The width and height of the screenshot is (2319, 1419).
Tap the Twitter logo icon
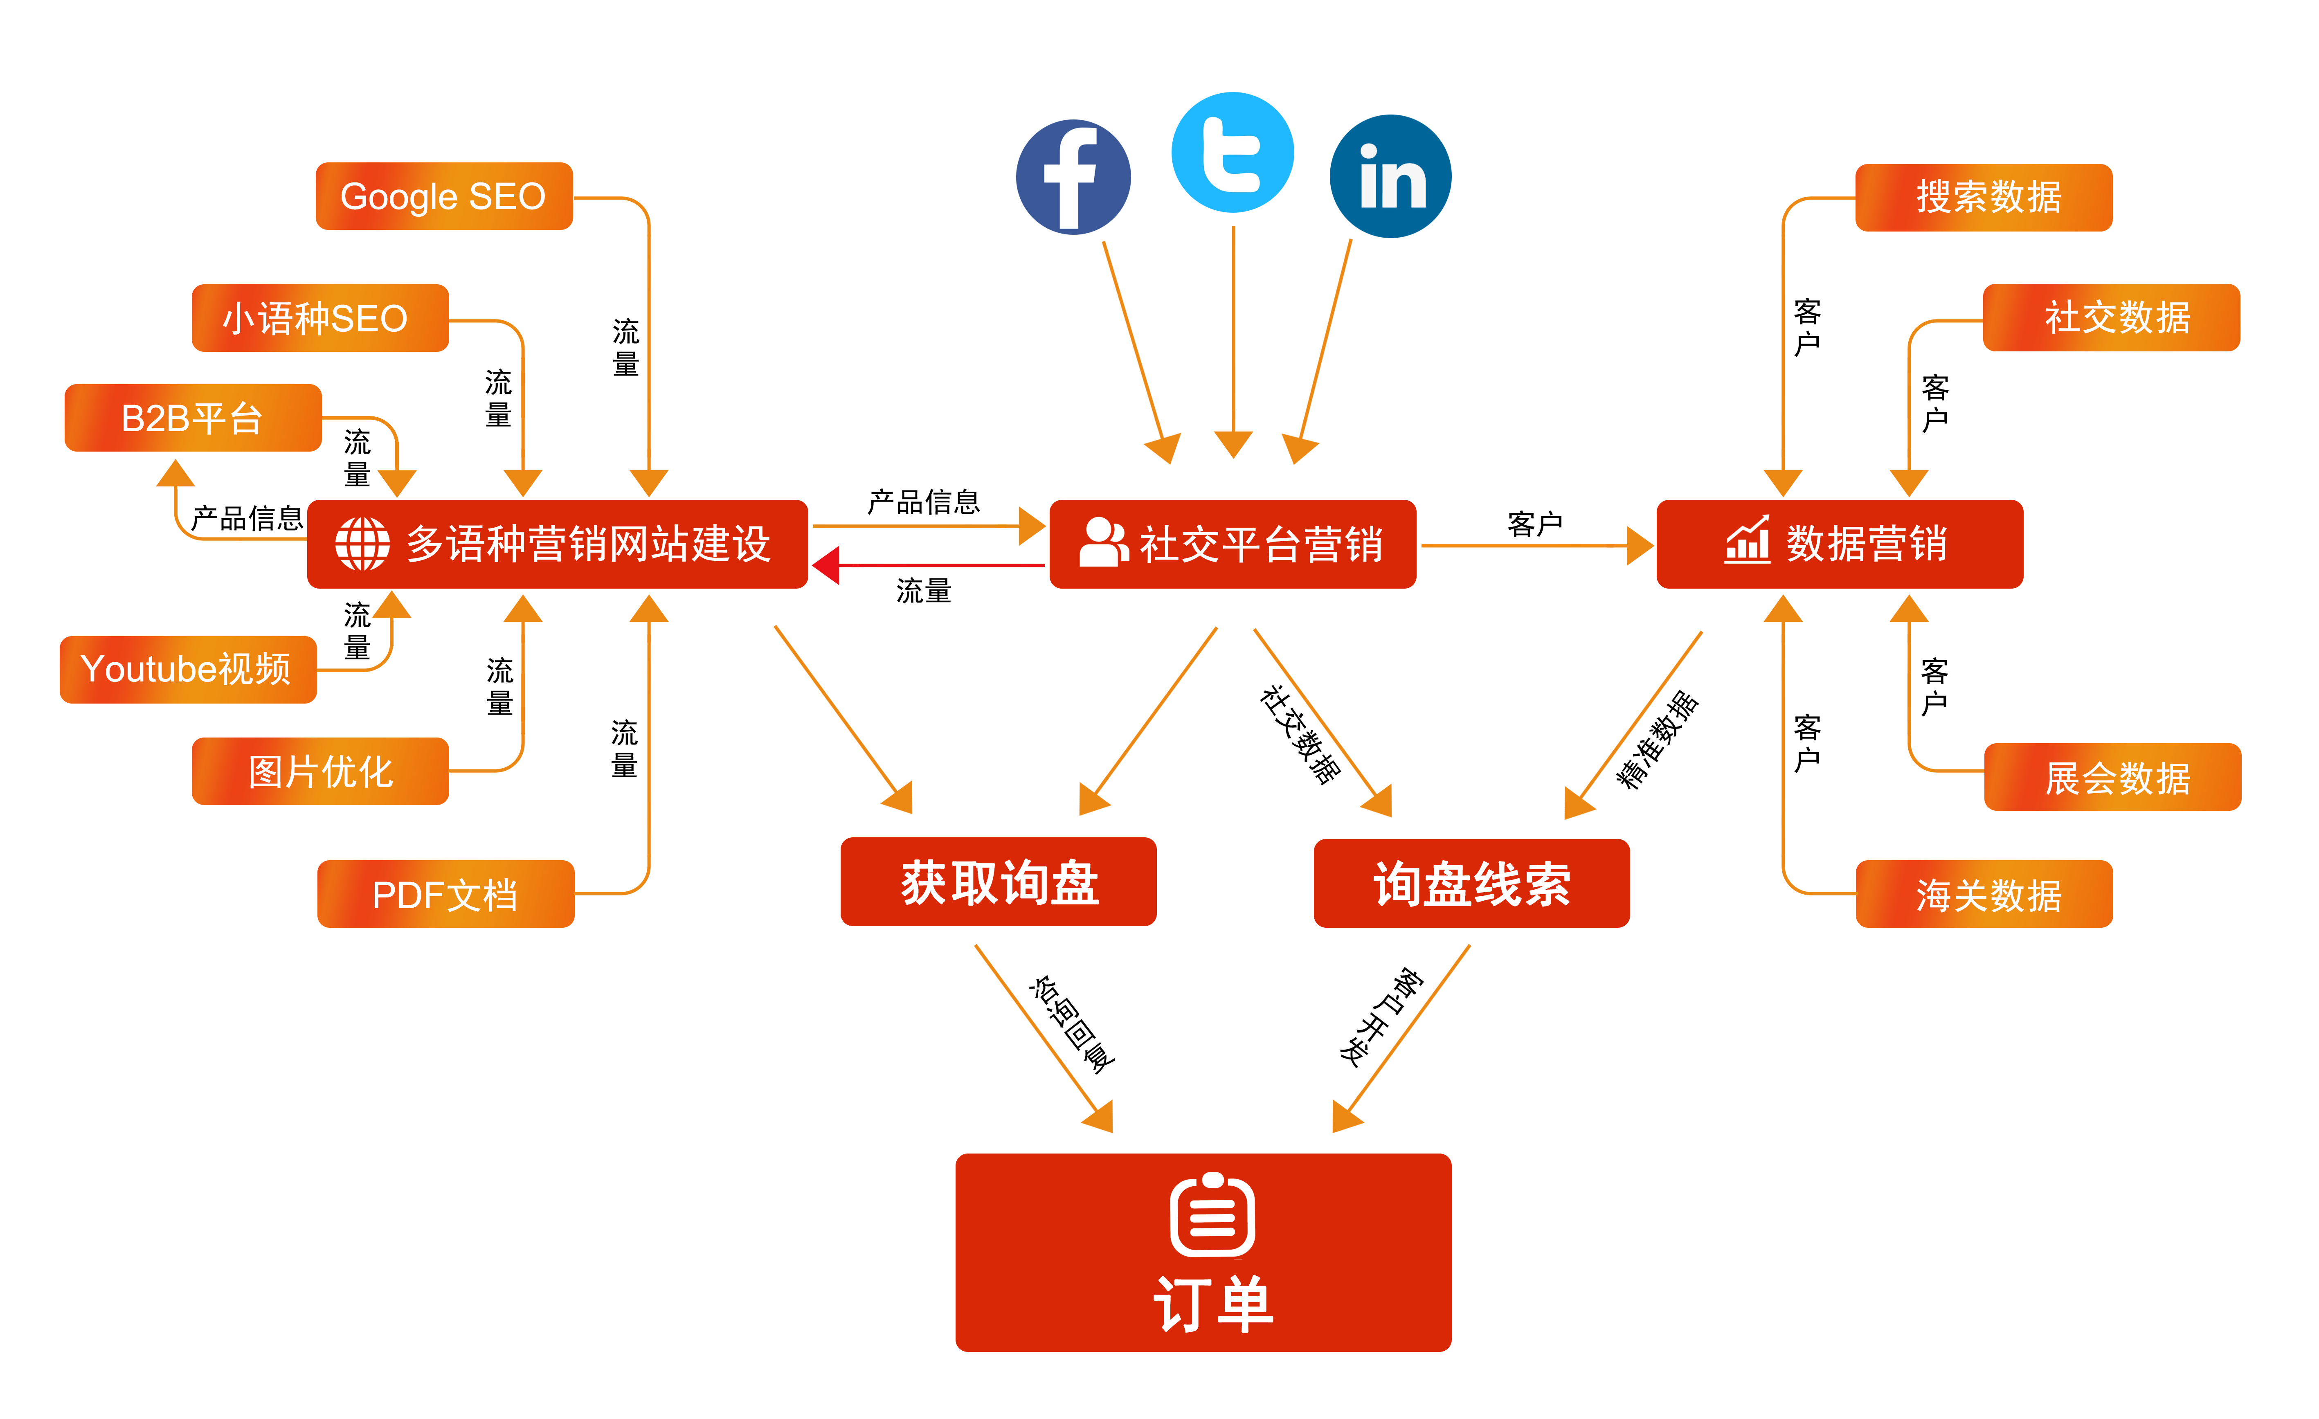[x=1232, y=153]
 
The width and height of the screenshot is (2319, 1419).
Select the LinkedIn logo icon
[x=1391, y=177]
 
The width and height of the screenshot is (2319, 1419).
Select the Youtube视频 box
[x=187, y=669]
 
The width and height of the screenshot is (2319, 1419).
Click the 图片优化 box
[x=320, y=771]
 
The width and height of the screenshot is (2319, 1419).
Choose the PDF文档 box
[x=445, y=894]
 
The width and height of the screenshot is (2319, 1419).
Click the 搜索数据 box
[x=1984, y=197]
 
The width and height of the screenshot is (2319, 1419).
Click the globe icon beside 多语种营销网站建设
[x=362, y=544]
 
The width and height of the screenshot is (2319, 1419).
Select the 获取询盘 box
[x=999, y=882]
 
